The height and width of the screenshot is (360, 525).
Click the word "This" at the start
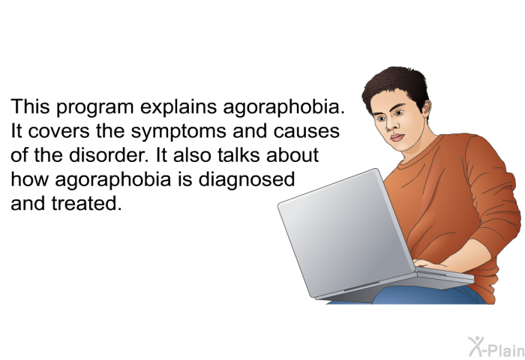click(x=30, y=106)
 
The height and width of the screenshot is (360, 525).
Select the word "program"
click(x=94, y=109)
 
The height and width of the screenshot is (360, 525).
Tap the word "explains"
click(x=178, y=108)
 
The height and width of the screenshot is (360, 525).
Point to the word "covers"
click(x=59, y=132)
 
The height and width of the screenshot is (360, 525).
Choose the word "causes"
click(x=306, y=132)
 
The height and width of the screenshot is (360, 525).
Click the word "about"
click(x=292, y=155)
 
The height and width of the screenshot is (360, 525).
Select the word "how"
click(x=30, y=179)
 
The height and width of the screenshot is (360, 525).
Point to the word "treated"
click(x=87, y=203)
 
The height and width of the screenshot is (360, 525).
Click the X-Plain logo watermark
click(x=496, y=346)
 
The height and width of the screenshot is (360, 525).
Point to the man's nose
click(x=391, y=125)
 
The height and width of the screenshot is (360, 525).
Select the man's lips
click(x=397, y=137)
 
